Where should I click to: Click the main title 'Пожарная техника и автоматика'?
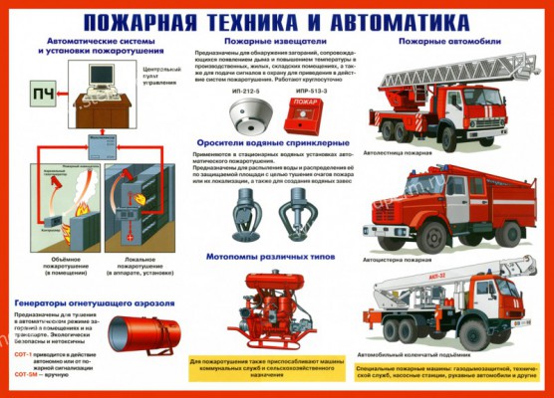[x=277, y=19]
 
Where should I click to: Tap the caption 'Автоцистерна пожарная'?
[x=405, y=256]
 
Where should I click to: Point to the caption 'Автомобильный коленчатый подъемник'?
[x=426, y=353]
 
